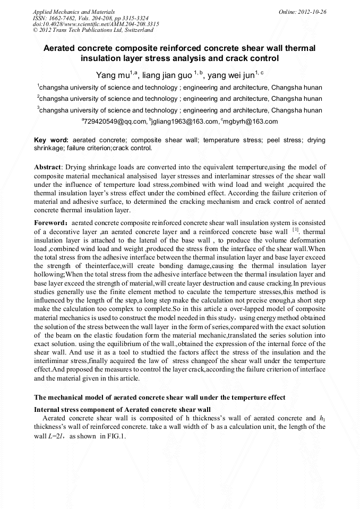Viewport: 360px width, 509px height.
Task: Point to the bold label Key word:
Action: pos(51,140)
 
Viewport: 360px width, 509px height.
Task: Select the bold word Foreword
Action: pos(49,223)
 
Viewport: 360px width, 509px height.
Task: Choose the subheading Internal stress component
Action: pos(122,410)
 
